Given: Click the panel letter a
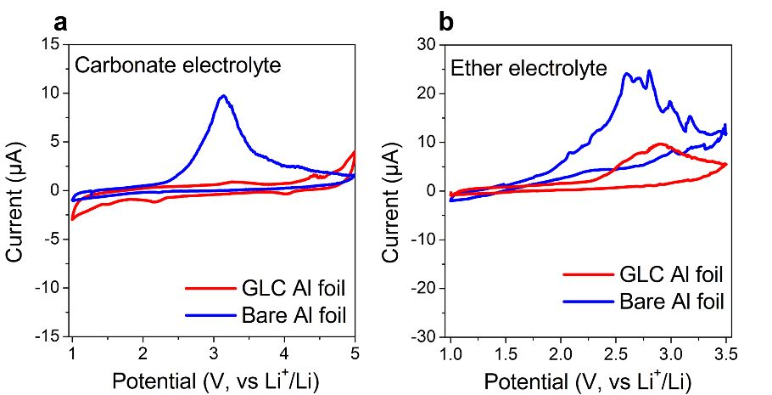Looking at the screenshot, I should pos(60,22).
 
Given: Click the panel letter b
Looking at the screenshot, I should pos(446,22).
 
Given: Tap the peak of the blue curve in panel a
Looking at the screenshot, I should pos(223,96).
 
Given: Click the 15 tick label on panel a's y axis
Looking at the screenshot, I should pos(53,44).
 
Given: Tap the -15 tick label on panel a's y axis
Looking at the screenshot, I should pos(49,336).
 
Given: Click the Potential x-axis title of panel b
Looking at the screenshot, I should pos(588,380).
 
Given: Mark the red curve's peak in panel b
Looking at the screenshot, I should pos(659,144).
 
